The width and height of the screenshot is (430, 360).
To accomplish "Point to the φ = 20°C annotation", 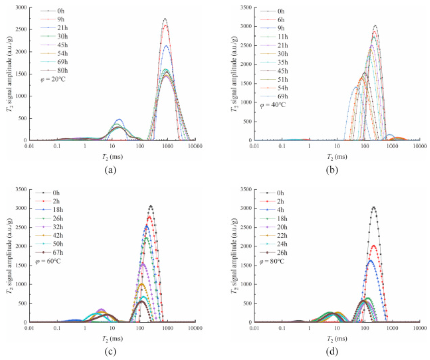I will click(52, 80).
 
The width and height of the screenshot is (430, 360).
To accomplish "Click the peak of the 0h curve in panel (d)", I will click(374, 207).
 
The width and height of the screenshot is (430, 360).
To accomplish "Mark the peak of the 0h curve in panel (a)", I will click(165, 19).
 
